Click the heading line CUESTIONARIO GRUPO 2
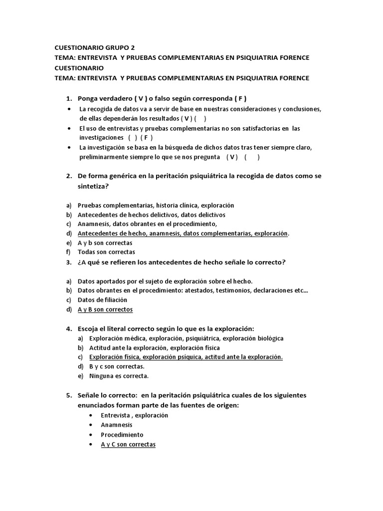click(94, 48)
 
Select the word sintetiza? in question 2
click(94, 186)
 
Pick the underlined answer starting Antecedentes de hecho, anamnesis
click(183, 234)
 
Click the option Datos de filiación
click(102, 300)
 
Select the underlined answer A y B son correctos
click(105, 309)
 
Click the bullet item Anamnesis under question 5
click(117, 425)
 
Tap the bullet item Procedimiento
click(122, 435)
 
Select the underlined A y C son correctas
click(128, 444)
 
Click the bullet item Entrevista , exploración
click(134, 415)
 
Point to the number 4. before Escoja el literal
click(69, 329)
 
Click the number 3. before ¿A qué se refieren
click(69, 262)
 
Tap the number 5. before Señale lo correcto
click(69, 395)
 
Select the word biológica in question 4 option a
click(267, 338)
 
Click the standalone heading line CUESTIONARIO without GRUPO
click(79, 68)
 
